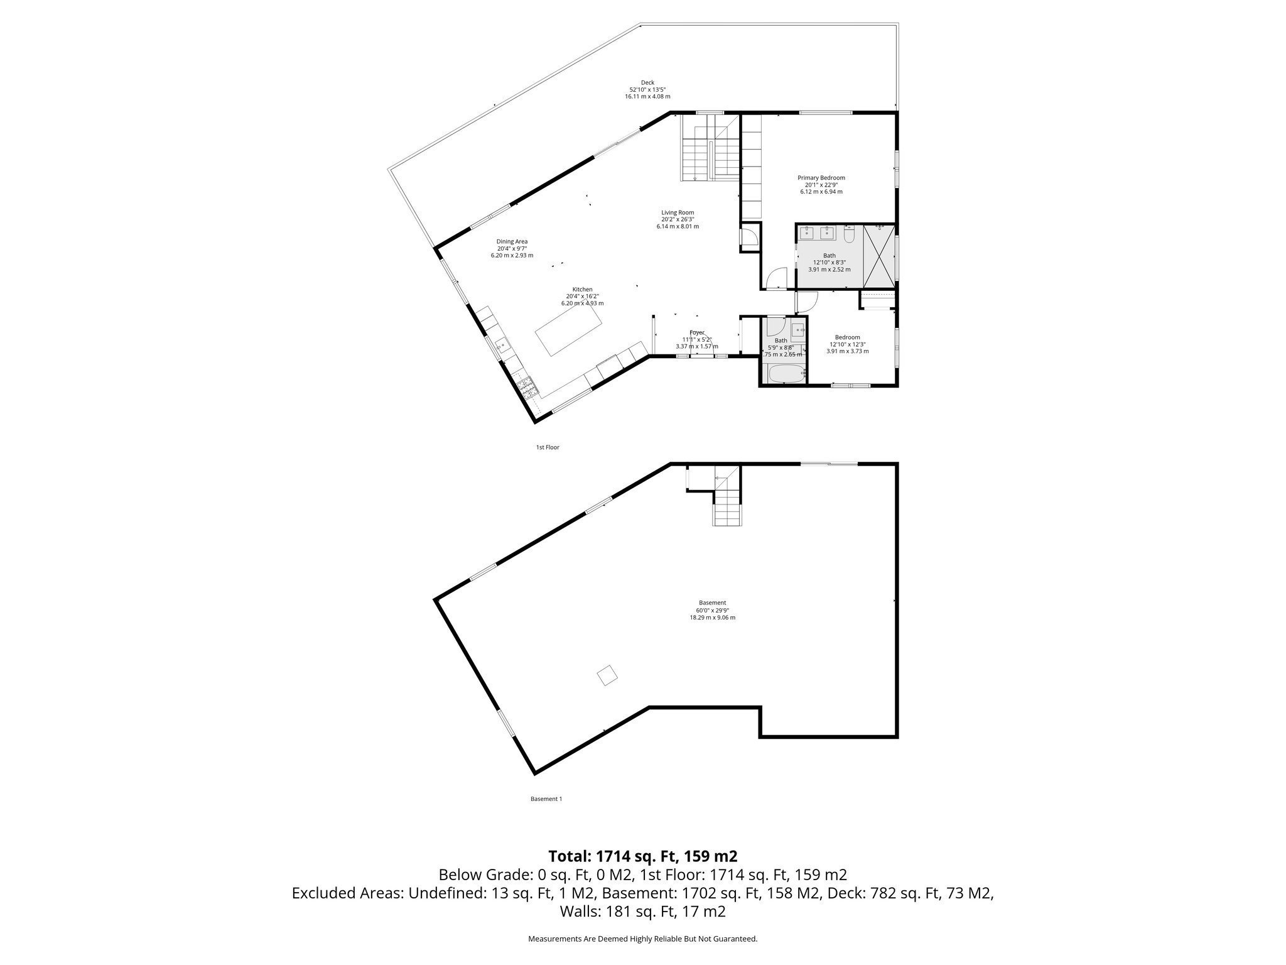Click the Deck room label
pyautogui.click(x=647, y=82)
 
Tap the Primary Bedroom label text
pyautogui.click(x=821, y=178)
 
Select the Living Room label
pyautogui.click(x=678, y=212)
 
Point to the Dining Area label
pyautogui.click(x=512, y=241)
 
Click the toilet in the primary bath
pyautogui.click(x=849, y=235)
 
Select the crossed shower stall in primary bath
pyautogui.click(x=879, y=256)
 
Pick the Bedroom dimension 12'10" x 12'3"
pyautogui.click(x=847, y=344)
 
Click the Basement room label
pyautogui.click(x=712, y=602)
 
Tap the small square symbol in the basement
pyautogui.click(x=607, y=676)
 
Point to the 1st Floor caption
pyautogui.click(x=547, y=447)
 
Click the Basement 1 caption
pyautogui.click(x=546, y=799)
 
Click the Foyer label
pyautogui.click(x=696, y=332)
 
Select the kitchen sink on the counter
pyautogui.click(x=502, y=345)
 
